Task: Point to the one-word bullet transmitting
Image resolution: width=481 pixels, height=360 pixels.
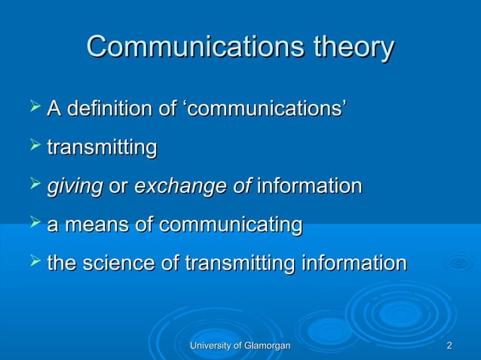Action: (x=102, y=148)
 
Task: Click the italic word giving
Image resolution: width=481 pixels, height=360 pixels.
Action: (x=75, y=187)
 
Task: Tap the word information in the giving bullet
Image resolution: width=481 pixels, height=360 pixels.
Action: (x=309, y=187)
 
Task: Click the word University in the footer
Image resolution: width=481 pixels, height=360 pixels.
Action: (x=212, y=346)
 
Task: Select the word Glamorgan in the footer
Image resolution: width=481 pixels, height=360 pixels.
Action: (x=267, y=346)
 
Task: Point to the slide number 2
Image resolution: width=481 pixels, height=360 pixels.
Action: (x=449, y=346)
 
